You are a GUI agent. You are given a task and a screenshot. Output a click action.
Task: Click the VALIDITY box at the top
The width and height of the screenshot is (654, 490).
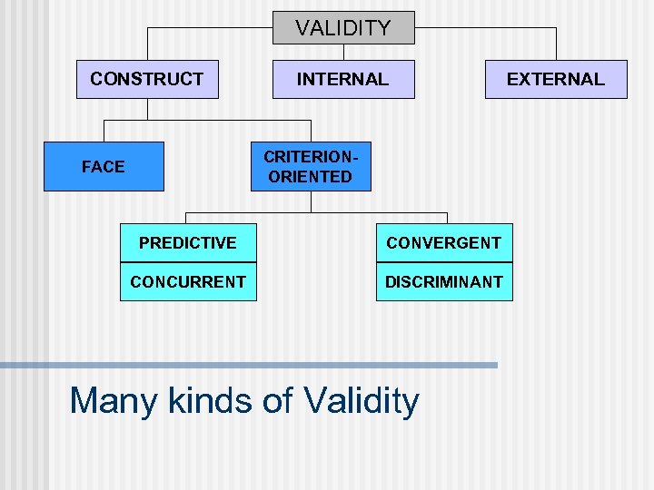point(343,28)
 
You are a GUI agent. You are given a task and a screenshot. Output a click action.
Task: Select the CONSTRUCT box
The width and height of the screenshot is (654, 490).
point(147,79)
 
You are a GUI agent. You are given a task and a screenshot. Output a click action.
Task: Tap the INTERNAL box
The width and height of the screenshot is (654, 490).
point(343,79)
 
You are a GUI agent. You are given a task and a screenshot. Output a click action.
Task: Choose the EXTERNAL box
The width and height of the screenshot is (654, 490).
point(555,79)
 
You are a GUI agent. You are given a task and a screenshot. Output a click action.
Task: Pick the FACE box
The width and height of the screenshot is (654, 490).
point(104,166)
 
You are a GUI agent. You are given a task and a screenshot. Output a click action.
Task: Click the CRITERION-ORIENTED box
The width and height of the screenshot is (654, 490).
point(311,166)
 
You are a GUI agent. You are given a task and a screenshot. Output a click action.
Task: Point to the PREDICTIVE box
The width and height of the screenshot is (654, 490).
point(188,242)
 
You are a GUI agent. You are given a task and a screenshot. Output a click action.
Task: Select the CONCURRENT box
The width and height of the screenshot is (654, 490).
point(188,281)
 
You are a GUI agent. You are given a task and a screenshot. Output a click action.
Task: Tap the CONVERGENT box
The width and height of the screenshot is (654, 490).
point(443,242)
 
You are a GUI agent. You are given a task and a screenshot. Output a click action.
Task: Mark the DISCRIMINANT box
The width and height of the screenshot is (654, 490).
point(443,281)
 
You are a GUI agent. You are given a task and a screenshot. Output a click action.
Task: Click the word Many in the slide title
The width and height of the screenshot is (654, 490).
point(114,400)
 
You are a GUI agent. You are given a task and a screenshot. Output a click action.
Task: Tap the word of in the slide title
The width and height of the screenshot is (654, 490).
point(279,400)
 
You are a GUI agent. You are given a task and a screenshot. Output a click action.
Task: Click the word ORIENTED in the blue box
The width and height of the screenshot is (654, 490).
point(311,177)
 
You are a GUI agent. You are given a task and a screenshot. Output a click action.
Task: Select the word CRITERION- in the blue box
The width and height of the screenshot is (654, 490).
point(311,156)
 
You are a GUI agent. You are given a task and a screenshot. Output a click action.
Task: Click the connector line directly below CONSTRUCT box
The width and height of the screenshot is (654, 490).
point(147,109)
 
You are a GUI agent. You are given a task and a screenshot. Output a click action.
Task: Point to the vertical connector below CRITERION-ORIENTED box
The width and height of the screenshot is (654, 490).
point(311,201)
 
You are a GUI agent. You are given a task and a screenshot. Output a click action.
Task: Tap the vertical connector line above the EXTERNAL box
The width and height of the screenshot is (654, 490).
point(555,44)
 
